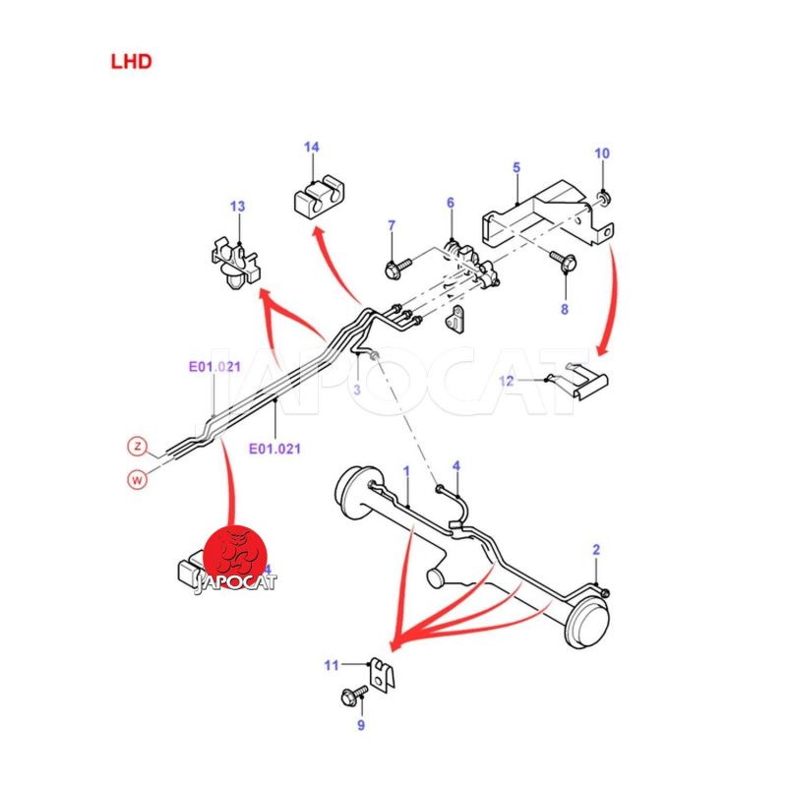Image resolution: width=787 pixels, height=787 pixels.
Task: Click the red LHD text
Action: click(131, 61)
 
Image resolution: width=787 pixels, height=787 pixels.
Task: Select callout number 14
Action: click(311, 148)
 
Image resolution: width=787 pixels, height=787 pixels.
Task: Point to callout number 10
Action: click(602, 153)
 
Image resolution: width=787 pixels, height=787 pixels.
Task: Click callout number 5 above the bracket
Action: click(516, 168)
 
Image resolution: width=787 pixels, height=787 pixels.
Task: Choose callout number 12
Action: click(507, 380)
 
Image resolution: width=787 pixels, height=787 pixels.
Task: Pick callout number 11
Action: click(332, 666)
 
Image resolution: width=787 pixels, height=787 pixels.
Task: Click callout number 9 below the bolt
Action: click(361, 726)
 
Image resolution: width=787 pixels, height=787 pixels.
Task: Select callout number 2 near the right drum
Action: click(595, 549)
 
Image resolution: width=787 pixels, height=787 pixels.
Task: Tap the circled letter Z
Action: click(139, 447)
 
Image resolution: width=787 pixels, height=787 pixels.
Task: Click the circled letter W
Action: click(139, 480)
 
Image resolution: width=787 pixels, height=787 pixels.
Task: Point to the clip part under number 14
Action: click(316, 196)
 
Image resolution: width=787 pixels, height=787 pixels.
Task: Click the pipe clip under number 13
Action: click(234, 264)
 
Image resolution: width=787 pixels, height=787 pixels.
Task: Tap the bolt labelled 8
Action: click(564, 262)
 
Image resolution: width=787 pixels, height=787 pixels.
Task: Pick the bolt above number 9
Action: click(350, 696)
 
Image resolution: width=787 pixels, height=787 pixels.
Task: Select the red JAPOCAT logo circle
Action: click(237, 556)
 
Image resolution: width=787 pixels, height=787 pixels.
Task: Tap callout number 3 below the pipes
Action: click(358, 391)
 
